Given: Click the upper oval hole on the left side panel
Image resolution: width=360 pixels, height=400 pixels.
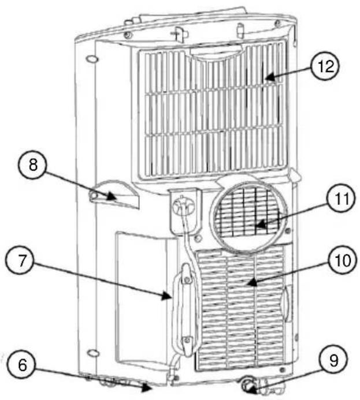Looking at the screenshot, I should point(91,59).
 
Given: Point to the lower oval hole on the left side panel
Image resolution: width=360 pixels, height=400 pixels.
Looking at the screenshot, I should point(91,352).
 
